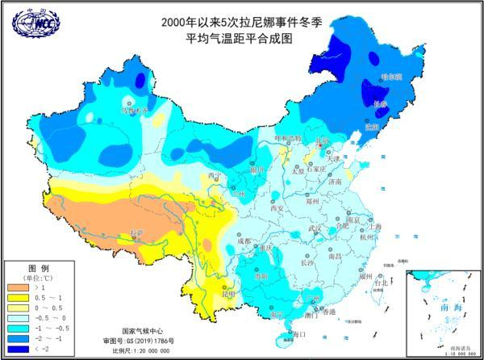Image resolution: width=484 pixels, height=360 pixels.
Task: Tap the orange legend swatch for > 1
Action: click(x=19, y=287)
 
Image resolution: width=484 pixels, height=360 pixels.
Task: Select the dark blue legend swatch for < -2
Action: click(x=19, y=349)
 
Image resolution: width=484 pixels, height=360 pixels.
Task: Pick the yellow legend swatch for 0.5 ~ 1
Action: click(x=19, y=297)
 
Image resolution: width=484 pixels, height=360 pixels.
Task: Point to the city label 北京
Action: click(x=322, y=142)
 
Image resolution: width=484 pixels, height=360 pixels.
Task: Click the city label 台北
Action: click(x=382, y=283)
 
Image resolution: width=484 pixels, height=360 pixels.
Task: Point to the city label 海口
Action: click(x=299, y=333)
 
